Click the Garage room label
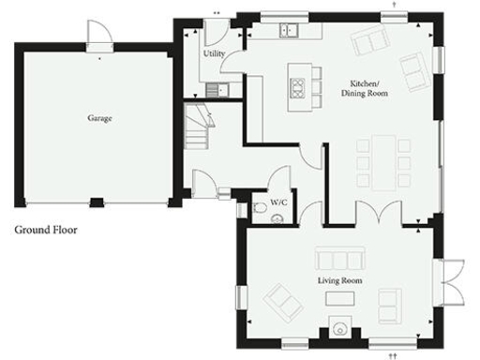click(x=100, y=119)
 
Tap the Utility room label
click(x=214, y=53)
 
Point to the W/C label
click(x=278, y=202)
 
